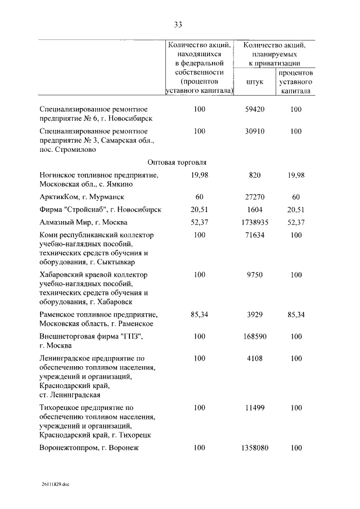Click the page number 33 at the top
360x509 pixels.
(178, 24)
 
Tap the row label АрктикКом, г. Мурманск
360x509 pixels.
(82, 197)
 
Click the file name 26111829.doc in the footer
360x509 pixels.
(56, 485)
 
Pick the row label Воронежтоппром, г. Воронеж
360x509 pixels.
(89, 448)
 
